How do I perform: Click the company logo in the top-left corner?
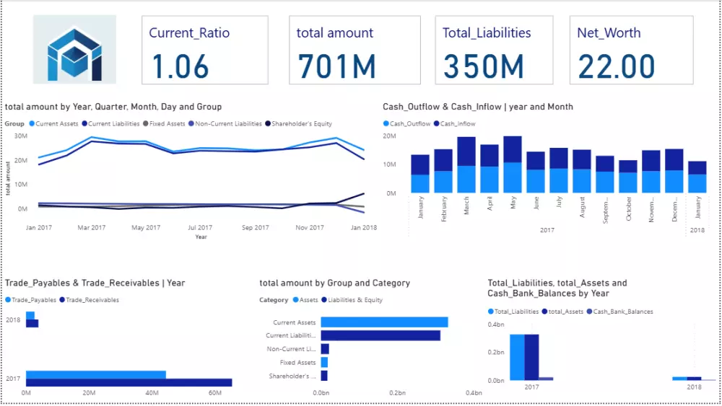(74, 50)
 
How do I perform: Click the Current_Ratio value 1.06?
(180, 67)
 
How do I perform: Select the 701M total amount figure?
(336, 67)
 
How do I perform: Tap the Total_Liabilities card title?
(487, 33)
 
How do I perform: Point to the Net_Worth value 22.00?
(616, 67)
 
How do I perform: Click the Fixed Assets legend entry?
(167, 124)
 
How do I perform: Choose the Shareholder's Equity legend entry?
(299, 124)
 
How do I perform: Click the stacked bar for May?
(513, 164)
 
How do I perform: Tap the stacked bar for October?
(628, 177)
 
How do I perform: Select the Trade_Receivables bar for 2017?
(129, 383)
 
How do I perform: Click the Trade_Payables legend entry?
(32, 300)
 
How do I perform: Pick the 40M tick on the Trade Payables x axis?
(152, 393)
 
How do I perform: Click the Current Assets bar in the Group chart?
(384, 322)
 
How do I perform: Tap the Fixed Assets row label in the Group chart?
(297, 363)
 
